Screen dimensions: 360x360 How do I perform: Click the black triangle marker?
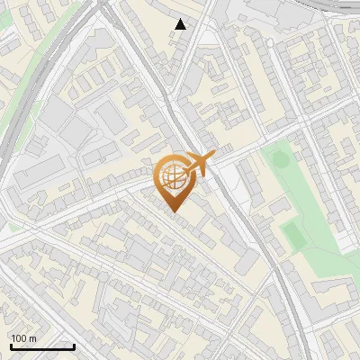pyautogui.click(x=181, y=24)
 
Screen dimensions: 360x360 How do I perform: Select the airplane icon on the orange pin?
pyautogui.click(x=197, y=165)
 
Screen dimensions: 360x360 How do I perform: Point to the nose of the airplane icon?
pyautogui.click(x=213, y=157)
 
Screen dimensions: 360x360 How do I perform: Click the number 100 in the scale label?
pyautogui.click(x=19, y=338)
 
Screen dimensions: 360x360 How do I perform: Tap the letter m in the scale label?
pyautogui.click(x=32, y=338)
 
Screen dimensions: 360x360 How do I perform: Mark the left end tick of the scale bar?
pyautogui.click(x=11, y=346)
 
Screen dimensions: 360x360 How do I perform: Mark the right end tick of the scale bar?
pyautogui.click(x=74, y=346)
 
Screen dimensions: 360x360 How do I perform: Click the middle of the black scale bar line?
pyautogui.click(x=42, y=346)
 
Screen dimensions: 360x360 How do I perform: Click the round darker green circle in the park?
pyautogui.click(x=279, y=160)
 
